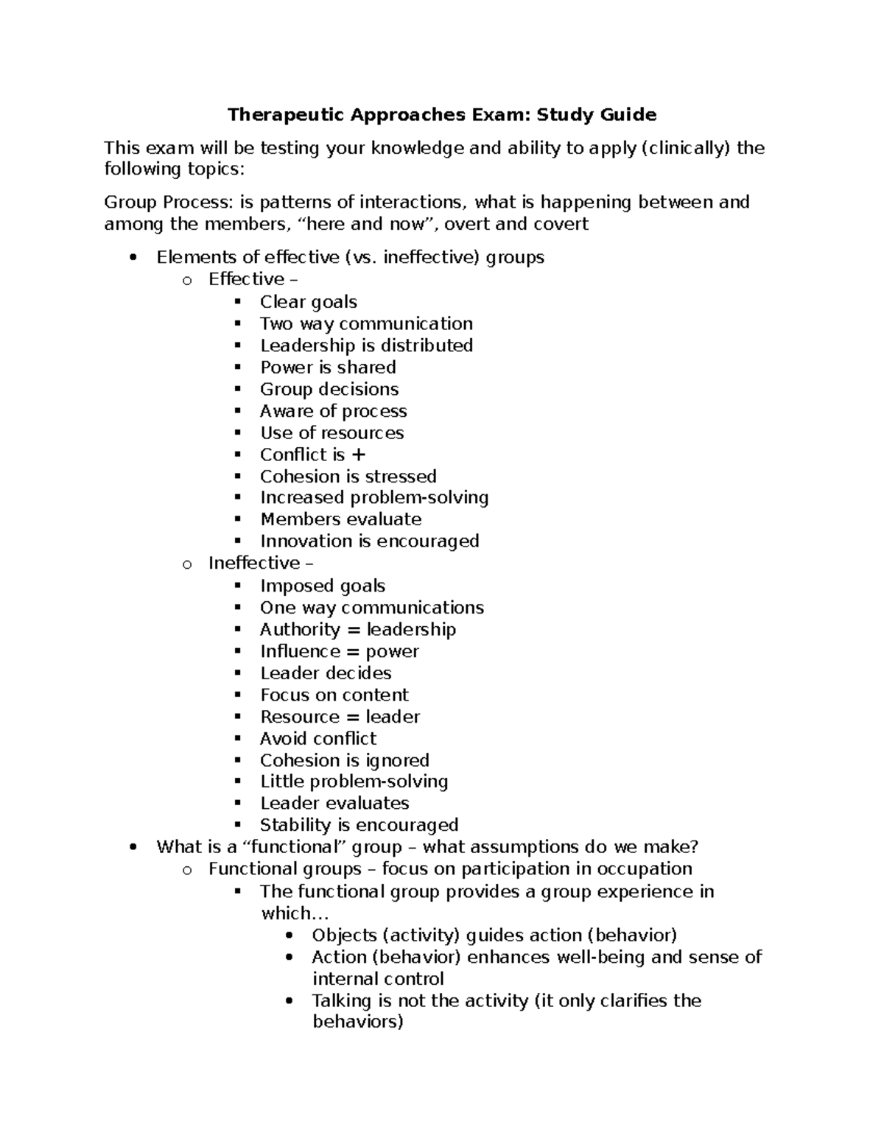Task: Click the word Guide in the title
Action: (627, 115)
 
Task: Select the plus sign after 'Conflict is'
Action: (359, 455)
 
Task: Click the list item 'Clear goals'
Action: (308, 302)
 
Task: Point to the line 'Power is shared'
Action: (328, 368)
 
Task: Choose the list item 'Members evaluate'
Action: (340, 519)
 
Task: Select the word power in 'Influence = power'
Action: (392, 652)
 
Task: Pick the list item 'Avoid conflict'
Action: (318, 739)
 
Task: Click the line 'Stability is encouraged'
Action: (359, 825)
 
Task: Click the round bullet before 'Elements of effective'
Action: (133, 258)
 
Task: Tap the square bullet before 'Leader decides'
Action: (237, 673)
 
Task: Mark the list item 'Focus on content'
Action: (334, 695)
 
